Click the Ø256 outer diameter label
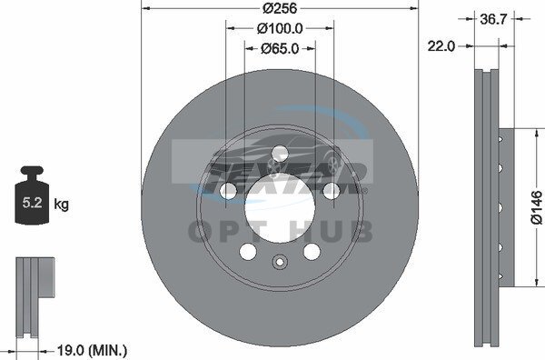coord(280,8)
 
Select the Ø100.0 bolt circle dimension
coord(280,28)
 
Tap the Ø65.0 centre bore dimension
coord(280,49)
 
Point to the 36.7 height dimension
coord(493,19)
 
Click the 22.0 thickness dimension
coord(441,46)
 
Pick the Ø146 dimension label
coord(537,207)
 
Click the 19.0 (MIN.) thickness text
coord(92,350)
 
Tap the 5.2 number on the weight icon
coord(32,203)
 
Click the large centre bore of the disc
coord(280,207)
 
